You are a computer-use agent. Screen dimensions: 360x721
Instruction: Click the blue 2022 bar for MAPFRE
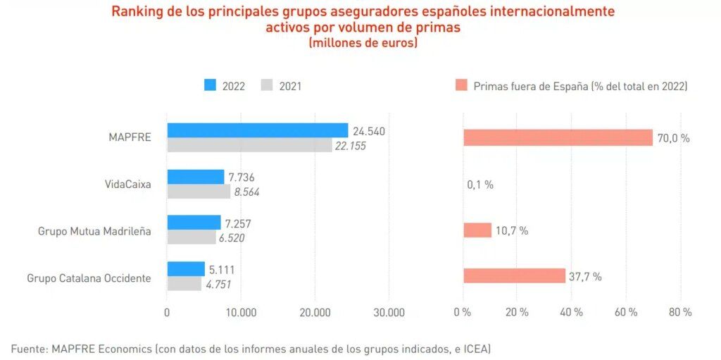257,130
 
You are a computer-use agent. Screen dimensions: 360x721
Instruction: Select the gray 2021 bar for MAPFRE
249,145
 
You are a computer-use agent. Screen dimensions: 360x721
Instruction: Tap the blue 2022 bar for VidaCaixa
195,177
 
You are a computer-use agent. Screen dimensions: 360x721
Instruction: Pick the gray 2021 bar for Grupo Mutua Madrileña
191,237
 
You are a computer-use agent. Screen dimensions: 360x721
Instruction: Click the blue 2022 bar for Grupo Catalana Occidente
186,269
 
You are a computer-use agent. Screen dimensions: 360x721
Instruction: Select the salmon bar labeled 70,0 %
558,137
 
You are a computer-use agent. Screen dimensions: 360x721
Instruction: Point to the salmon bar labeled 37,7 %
514,275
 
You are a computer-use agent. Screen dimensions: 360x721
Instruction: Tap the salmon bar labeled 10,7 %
477,230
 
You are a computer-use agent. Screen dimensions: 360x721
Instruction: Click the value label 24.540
369,131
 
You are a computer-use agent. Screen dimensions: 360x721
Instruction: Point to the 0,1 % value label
480,185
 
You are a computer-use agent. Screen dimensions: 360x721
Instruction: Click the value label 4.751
218,285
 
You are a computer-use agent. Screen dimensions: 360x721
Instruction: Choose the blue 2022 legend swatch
210,86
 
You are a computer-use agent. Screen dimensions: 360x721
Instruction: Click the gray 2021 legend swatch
266,86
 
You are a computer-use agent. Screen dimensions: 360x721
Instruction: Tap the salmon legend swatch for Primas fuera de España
461,86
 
